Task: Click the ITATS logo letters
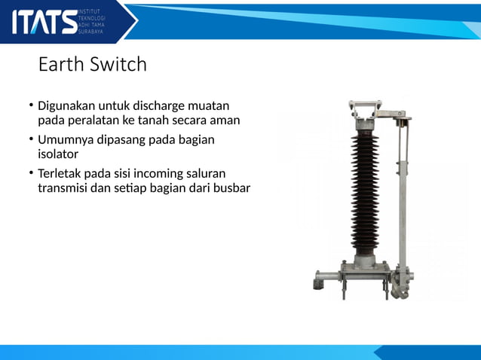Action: coord(44,22)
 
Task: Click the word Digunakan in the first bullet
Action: coord(68,105)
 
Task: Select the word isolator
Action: coord(58,154)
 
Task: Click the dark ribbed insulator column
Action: coord(365,188)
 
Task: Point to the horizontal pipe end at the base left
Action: coord(317,285)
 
